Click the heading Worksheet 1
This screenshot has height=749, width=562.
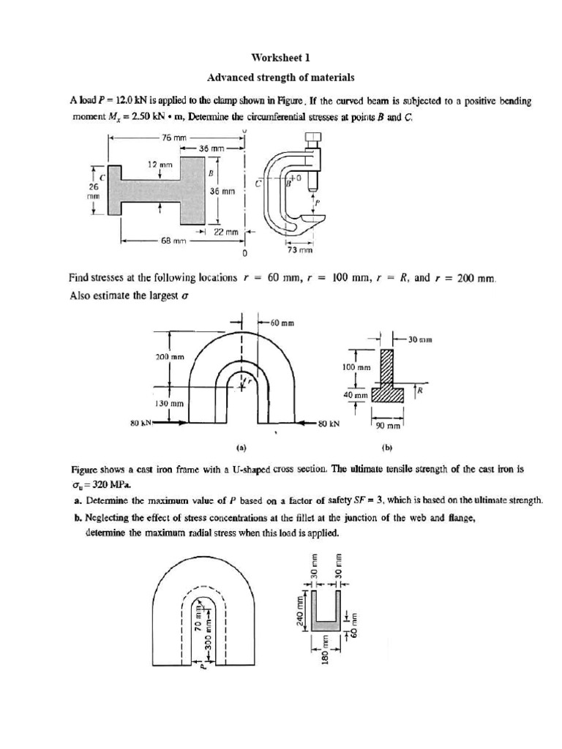tap(280, 57)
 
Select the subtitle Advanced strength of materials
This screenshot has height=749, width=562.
tap(280, 76)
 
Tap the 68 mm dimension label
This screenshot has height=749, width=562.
tap(173, 239)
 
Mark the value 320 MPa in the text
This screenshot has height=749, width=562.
tap(96, 484)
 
